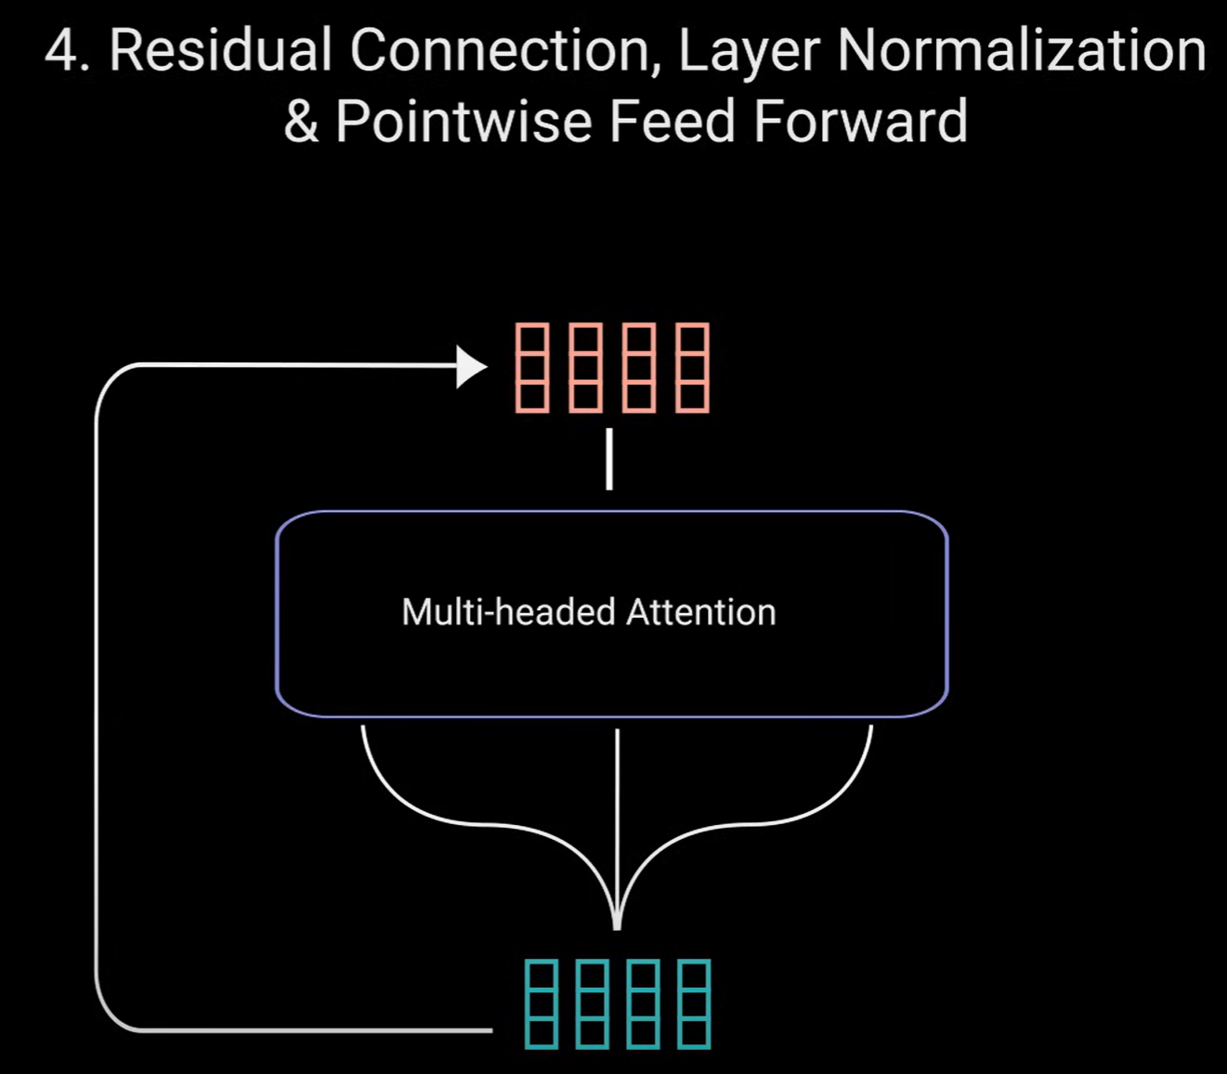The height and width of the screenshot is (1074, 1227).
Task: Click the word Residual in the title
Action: click(220, 50)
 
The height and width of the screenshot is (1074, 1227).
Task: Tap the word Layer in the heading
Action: click(749, 52)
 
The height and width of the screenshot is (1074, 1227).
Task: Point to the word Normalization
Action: click(1021, 50)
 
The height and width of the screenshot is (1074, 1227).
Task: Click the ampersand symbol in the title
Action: click(301, 122)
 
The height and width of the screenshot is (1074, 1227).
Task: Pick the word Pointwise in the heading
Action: click(463, 122)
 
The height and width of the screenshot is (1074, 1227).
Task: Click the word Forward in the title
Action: click(860, 122)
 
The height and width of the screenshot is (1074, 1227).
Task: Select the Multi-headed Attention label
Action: click(589, 612)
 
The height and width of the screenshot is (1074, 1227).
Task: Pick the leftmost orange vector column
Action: click(531, 367)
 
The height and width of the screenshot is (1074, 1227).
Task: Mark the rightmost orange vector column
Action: click(692, 367)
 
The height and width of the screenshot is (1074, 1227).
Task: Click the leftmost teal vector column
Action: click(542, 1004)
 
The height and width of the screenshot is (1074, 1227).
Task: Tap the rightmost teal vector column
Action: click(694, 1004)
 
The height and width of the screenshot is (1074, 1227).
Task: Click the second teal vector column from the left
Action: click(593, 1004)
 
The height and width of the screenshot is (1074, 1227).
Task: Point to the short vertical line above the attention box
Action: click(609, 459)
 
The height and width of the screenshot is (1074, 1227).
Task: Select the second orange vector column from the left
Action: click(585, 367)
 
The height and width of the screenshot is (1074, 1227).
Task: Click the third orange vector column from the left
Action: click(639, 367)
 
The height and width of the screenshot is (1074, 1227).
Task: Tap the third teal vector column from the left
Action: click(644, 1004)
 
